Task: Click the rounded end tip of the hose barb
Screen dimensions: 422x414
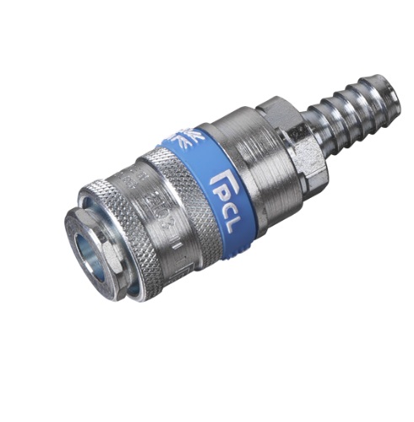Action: coord(390,87)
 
